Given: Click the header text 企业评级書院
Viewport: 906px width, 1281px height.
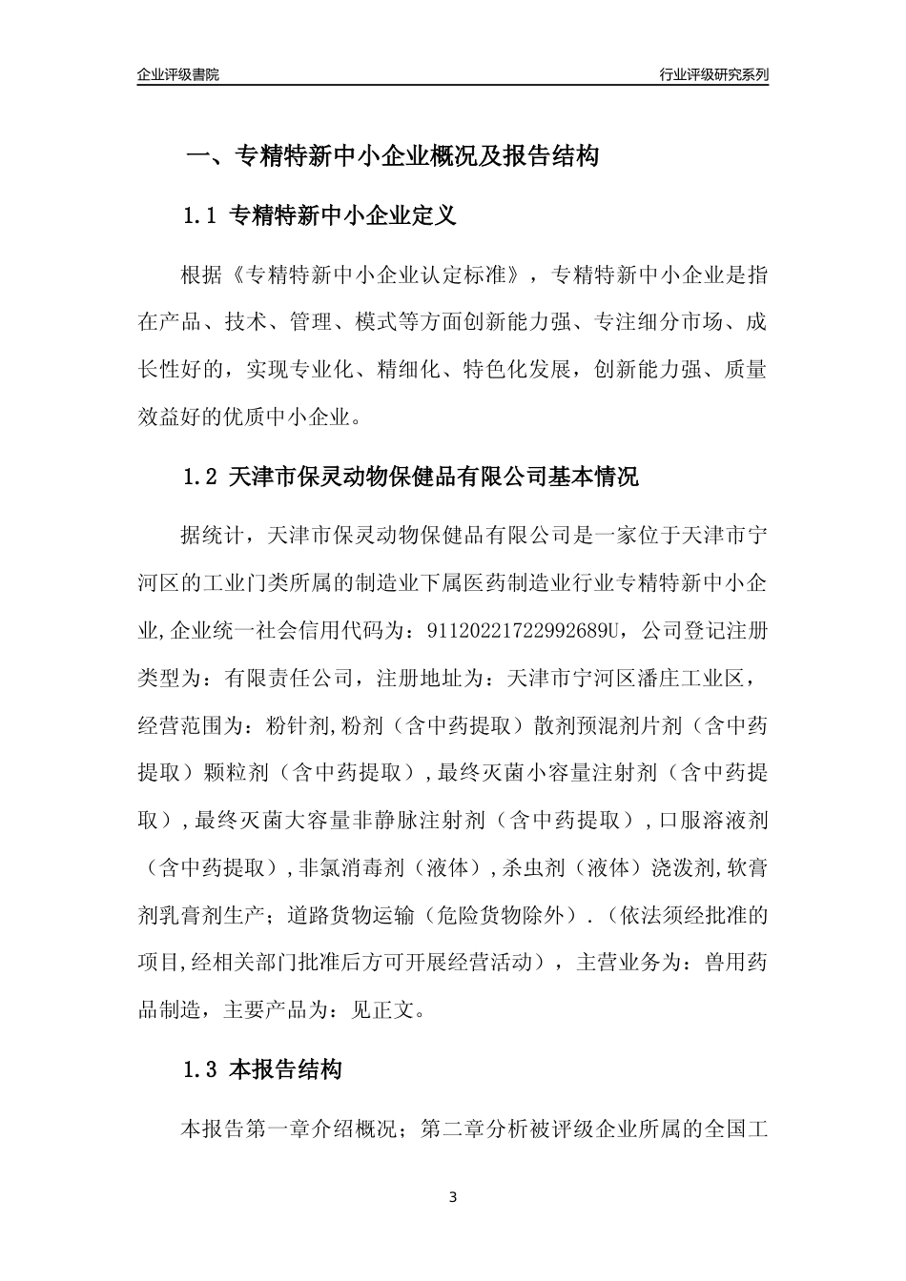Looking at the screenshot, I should coord(177,74).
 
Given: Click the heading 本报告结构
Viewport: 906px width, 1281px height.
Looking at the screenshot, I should coord(286,1070).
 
